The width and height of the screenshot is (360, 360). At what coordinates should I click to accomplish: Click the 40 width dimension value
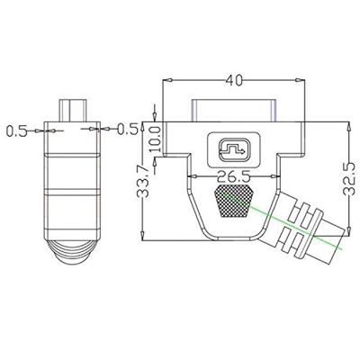point(234,80)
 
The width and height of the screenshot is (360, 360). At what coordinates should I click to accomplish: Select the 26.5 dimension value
point(234,177)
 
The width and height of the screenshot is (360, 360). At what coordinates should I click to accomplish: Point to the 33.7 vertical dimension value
point(143,181)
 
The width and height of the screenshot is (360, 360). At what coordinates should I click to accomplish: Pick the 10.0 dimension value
point(156,139)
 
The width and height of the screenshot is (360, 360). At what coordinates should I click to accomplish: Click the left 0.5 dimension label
point(16,131)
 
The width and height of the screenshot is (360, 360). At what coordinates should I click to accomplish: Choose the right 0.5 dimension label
point(127,129)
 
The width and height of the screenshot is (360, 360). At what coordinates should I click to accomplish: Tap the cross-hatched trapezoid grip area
point(234,201)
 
